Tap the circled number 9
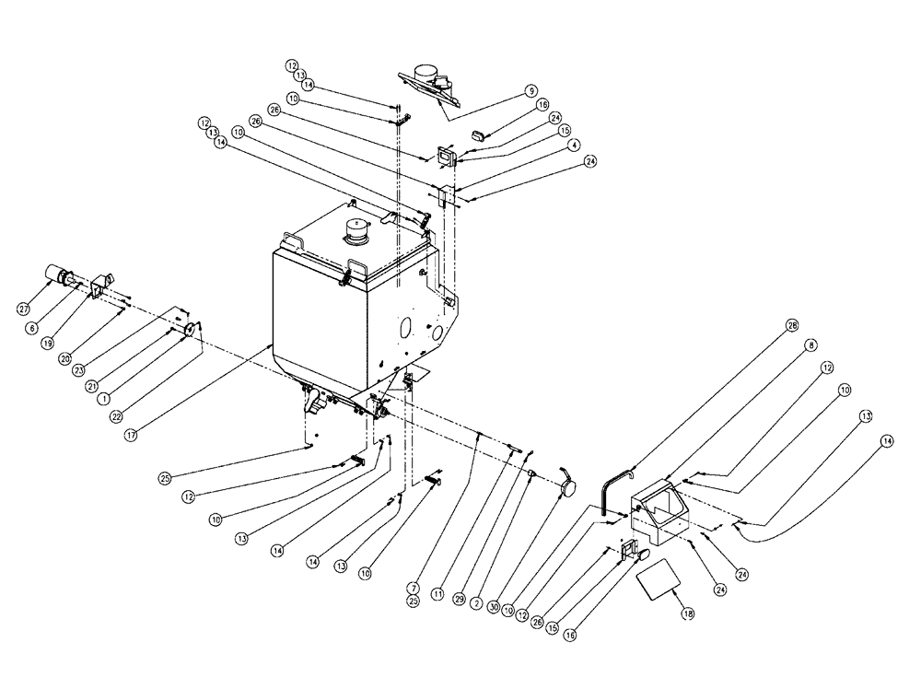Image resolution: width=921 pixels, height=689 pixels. pos(530,91)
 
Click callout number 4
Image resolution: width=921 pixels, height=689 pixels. pos(572,145)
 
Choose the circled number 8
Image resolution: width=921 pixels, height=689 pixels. pos(809,345)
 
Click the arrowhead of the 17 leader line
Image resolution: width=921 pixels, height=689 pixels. pos(269,344)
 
